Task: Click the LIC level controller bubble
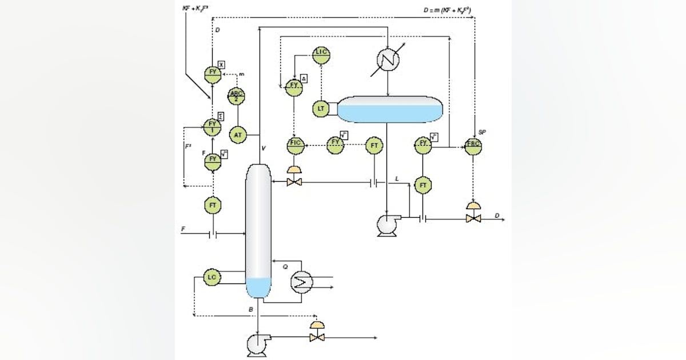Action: click(321, 53)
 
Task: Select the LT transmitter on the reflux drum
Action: click(321, 108)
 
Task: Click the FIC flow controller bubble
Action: click(296, 146)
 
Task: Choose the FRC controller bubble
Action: click(473, 146)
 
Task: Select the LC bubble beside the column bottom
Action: click(212, 278)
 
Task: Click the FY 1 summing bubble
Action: click(212, 126)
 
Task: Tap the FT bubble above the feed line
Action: click(213, 205)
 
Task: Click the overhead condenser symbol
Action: click(388, 59)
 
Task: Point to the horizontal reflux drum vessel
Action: click(390, 109)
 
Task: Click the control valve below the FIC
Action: click(296, 181)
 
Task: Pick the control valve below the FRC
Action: click(473, 217)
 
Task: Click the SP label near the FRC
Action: click(482, 132)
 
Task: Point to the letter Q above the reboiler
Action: click(286, 266)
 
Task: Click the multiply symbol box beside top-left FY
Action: click(221, 65)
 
